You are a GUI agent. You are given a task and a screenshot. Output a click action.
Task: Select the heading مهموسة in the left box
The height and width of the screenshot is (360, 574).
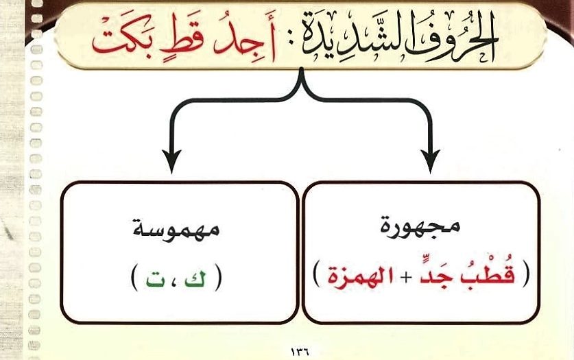[176, 230]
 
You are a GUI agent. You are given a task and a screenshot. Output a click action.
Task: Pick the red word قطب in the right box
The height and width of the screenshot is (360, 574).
[493, 275]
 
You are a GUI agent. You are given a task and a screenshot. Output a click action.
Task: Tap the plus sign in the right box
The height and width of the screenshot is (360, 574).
[405, 278]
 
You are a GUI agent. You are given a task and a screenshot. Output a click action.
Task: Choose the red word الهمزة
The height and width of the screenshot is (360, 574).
[361, 276]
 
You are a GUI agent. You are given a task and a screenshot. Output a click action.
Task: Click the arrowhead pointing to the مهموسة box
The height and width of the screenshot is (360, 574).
[171, 160]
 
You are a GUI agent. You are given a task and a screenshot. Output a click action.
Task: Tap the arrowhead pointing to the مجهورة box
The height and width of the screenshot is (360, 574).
[431, 160]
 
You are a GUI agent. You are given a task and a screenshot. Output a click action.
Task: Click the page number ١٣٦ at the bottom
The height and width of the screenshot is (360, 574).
[300, 352]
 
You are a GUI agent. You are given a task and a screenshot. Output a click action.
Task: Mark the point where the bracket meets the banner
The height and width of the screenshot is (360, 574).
[301, 69]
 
